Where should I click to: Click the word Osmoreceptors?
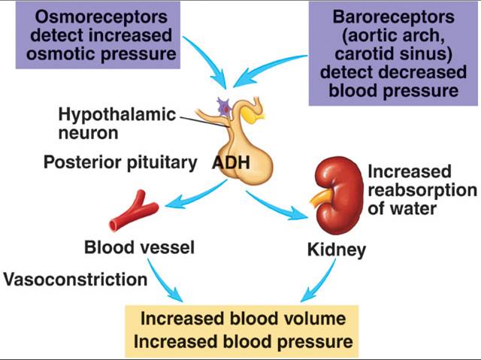click(x=101, y=17)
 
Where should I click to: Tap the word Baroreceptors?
click(x=393, y=17)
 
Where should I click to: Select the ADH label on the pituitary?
click(x=231, y=162)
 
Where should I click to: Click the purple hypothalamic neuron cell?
click(x=224, y=107)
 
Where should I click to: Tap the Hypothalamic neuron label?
click(x=117, y=123)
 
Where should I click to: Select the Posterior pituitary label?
click(x=120, y=162)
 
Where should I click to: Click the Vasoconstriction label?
click(x=75, y=280)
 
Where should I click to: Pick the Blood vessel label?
click(x=139, y=247)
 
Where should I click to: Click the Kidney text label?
click(x=337, y=250)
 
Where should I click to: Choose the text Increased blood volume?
click(x=243, y=319)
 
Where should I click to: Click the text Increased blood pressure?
click(x=244, y=342)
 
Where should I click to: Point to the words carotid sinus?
click(x=393, y=53)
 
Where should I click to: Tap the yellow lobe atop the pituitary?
click(x=253, y=115)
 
